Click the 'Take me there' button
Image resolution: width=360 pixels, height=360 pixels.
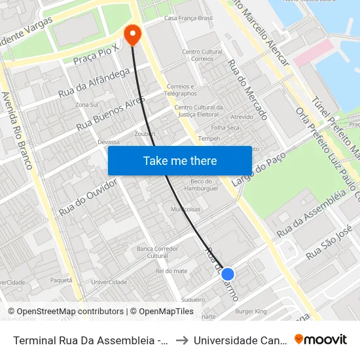tap(180, 160)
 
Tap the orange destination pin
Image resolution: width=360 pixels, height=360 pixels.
tap(133, 35)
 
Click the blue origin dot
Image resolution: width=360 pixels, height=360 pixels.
tap(228, 274)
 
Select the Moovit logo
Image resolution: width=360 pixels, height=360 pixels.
tap(321, 339)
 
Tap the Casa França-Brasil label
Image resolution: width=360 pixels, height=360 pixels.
tap(189, 18)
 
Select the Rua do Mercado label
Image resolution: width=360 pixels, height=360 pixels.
tap(247, 90)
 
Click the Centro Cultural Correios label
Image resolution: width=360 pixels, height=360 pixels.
tap(202, 55)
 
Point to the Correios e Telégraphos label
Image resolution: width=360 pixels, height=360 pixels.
tap(181, 90)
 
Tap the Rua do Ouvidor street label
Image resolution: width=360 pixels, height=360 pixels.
tap(88, 197)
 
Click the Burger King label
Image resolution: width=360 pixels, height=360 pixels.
tap(251, 312)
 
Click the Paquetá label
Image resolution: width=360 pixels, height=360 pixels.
tap(61, 279)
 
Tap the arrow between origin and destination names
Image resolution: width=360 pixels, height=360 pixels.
tap(182, 340)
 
